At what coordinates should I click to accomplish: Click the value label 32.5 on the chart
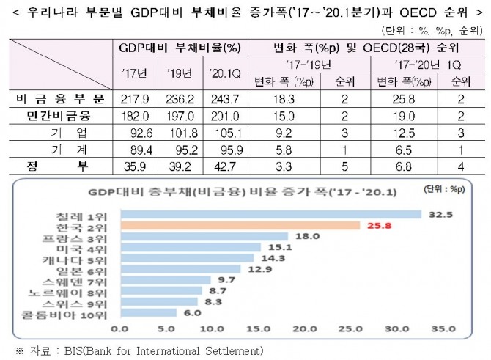tap(438, 214)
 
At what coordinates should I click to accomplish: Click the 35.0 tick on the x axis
tap(442, 329)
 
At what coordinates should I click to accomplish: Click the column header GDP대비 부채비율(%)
tap(180, 48)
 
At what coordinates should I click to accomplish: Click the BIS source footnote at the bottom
tap(139, 350)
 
